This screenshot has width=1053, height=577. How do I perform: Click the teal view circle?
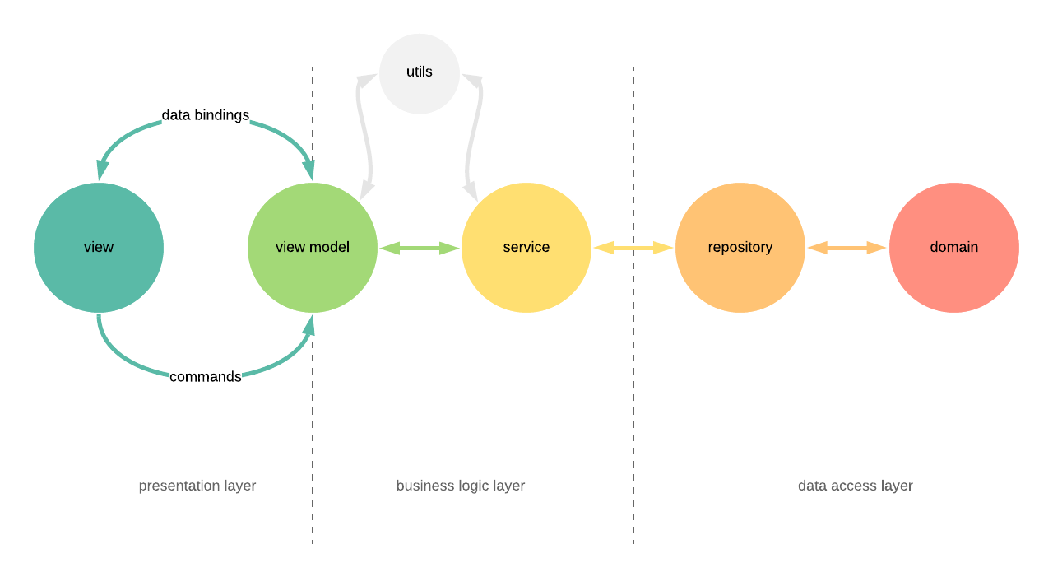point(99,247)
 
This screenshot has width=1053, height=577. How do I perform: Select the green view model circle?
point(313,247)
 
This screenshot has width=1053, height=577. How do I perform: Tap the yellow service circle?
point(526,247)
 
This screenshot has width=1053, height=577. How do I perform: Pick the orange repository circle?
point(740,247)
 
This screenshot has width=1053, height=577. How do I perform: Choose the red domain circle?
point(954,247)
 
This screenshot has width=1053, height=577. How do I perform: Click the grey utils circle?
point(420,72)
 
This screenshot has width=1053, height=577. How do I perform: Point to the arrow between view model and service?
point(420,248)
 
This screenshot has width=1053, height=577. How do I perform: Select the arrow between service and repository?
point(633,248)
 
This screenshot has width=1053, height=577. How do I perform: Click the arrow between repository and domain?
point(847,248)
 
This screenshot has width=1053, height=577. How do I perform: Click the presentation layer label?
point(197,486)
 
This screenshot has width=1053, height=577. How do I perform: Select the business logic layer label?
point(461,486)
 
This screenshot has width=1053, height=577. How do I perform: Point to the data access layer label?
point(856,486)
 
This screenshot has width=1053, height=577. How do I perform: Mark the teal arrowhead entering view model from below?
point(309,326)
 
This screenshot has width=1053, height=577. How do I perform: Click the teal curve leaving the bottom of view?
point(115,354)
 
